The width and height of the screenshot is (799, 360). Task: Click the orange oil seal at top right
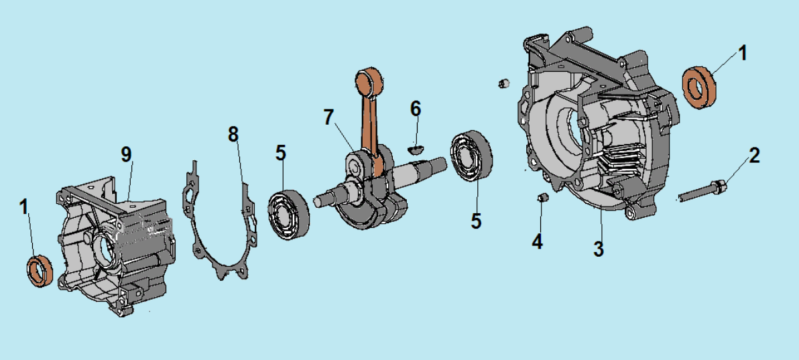click(699, 87)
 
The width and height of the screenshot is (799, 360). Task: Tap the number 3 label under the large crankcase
click(598, 249)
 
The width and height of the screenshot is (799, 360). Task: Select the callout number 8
click(233, 134)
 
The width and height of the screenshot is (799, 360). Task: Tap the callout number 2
click(754, 156)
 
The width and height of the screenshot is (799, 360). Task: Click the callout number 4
click(537, 241)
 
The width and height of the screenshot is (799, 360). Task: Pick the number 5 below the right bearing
click(476, 221)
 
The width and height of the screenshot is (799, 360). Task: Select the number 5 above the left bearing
click(280, 153)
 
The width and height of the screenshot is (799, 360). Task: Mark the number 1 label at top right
click(741, 53)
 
